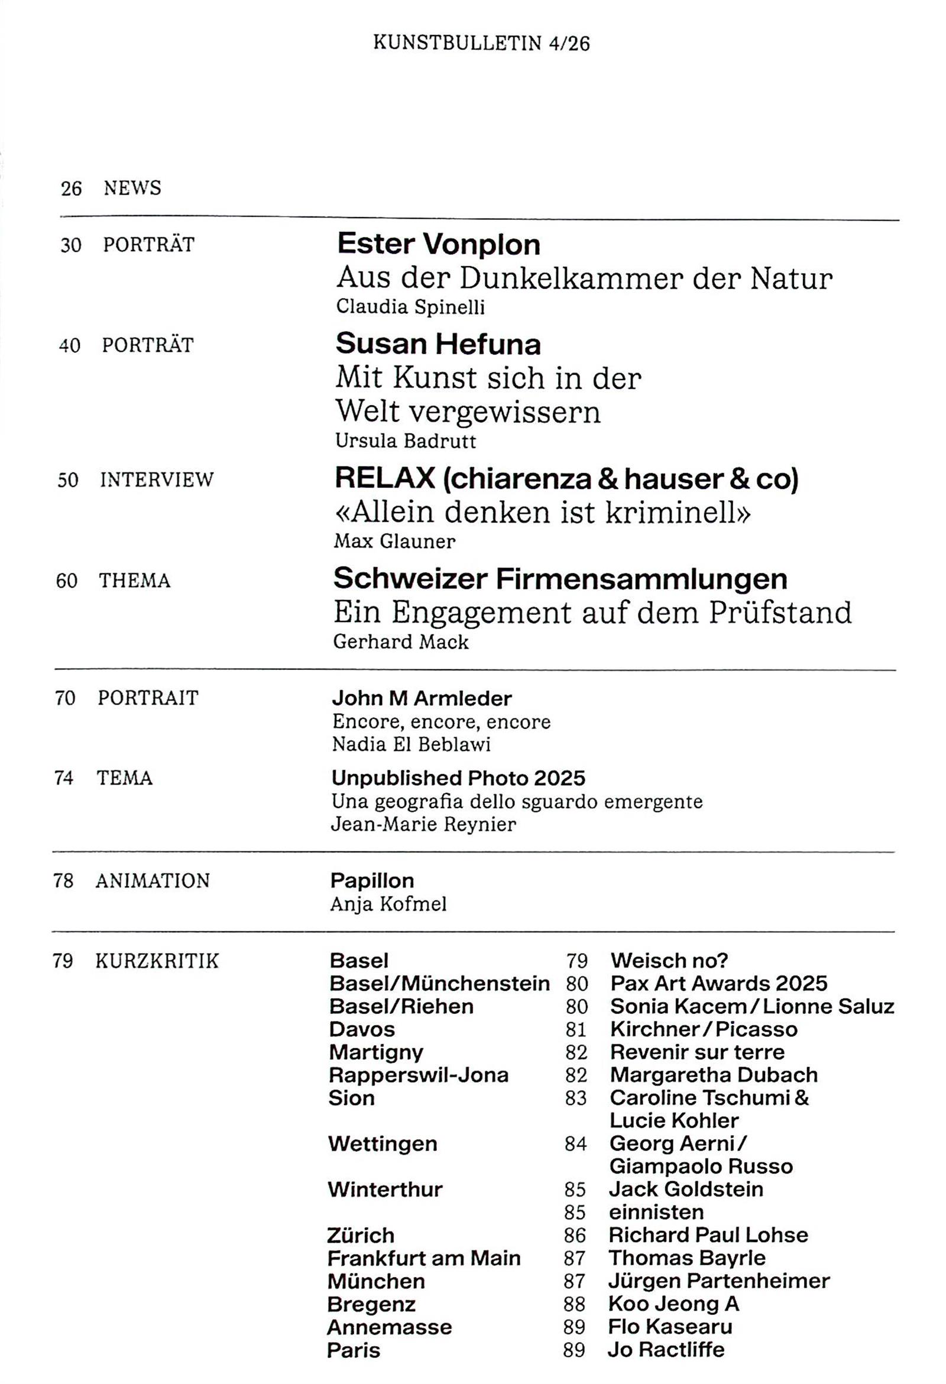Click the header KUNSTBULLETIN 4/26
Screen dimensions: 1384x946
pos(481,44)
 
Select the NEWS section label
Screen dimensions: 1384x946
pos(132,188)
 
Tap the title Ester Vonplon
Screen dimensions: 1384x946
pos(439,244)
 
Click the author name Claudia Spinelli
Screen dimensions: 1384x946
pos(410,307)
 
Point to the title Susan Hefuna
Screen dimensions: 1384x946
pos(438,343)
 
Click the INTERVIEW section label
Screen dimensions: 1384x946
pos(157,479)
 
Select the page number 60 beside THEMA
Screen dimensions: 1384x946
pos(67,581)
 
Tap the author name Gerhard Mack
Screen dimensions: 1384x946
pos(401,641)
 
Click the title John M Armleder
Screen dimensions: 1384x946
pos(422,698)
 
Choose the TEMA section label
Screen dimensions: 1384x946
pos(125,778)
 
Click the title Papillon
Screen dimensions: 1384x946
pos(372,880)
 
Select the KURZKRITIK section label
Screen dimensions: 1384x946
pos(157,961)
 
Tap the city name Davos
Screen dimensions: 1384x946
pos(362,1029)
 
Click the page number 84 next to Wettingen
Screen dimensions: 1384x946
pos(575,1144)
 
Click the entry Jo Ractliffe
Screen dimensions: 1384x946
pos(666,1350)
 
